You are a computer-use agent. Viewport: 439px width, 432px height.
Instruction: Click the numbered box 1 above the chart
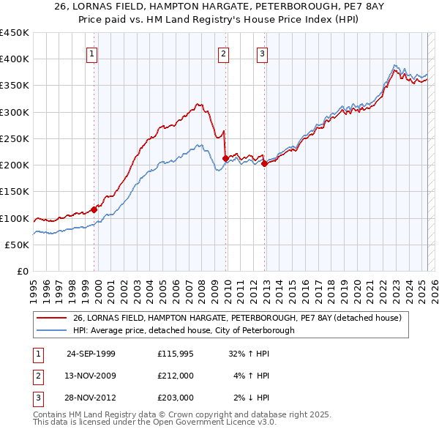(x=93, y=53)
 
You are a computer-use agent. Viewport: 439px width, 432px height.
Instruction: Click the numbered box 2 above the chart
(x=223, y=53)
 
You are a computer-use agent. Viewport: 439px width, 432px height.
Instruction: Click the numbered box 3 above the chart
(x=262, y=53)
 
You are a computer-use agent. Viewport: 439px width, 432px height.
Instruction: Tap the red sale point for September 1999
(x=94, y=209)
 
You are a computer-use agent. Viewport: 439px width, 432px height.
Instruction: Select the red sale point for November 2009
(x=225, y=158)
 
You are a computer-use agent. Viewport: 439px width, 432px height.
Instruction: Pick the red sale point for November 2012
(x=264, y=163)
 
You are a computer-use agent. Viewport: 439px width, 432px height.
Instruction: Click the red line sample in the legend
(x=52, y=319)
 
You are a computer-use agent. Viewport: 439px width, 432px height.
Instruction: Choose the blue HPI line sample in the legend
(x=52, y=330)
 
